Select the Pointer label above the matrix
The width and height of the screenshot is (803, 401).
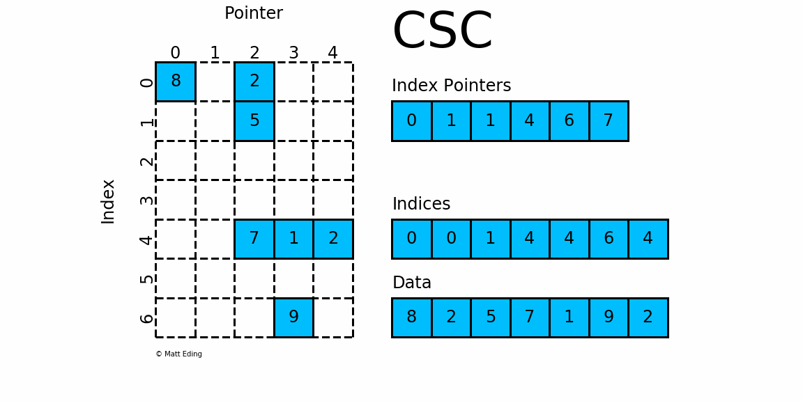coord(253,13)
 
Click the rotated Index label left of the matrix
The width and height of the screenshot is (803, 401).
coord(108,201)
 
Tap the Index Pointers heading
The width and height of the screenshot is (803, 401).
coord(451,86)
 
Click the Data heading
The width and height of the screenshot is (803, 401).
coord(411,283)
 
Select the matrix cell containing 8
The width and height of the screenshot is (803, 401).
coord(176,81)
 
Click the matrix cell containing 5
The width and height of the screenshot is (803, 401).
coord(254,121)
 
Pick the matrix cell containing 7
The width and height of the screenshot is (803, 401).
coord(254,239)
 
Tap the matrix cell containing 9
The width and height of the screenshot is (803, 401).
coord(293,317)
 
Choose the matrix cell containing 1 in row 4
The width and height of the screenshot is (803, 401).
coord(293,239)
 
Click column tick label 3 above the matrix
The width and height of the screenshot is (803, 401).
coord(293,53)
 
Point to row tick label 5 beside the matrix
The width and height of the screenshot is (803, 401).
coord(146,278)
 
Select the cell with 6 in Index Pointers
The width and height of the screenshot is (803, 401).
coord(569,121)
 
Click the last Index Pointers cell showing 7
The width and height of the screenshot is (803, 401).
coord(609,121)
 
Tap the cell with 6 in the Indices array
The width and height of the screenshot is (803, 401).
coord(609,239)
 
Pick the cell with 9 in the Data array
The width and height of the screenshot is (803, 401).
coord(609,317)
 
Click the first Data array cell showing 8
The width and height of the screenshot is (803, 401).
coord(411,317)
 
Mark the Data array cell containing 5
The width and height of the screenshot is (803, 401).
coord(491,317)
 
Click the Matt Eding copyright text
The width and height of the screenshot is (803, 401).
coord(178,354)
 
